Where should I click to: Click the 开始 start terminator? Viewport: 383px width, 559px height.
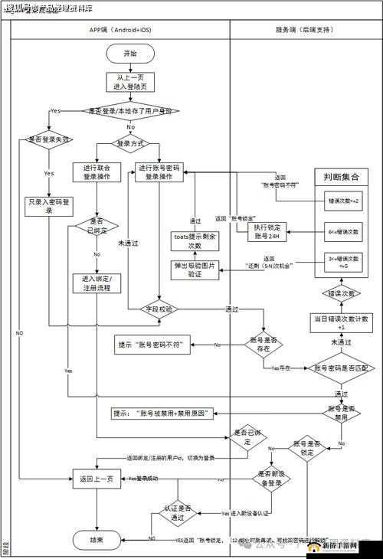coord(130,54)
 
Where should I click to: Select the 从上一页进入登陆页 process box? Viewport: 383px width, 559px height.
coord(130,82)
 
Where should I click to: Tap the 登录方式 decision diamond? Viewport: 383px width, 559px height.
coord(130,143)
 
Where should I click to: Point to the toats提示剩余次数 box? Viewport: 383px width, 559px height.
coord(195,241)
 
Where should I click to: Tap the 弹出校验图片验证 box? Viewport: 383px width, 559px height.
coord(195,269)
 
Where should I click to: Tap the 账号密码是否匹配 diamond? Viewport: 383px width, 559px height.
coord(340,368)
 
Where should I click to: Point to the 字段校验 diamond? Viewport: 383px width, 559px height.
coord(159,309)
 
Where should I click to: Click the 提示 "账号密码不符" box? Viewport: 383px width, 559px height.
coord(160,345)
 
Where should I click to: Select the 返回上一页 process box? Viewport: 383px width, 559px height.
coord(96,479)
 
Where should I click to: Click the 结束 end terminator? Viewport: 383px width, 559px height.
coord(96,540)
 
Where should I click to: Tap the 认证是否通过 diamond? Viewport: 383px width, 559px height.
coord(184,512)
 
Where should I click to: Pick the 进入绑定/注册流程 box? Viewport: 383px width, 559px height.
coord(97,283)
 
